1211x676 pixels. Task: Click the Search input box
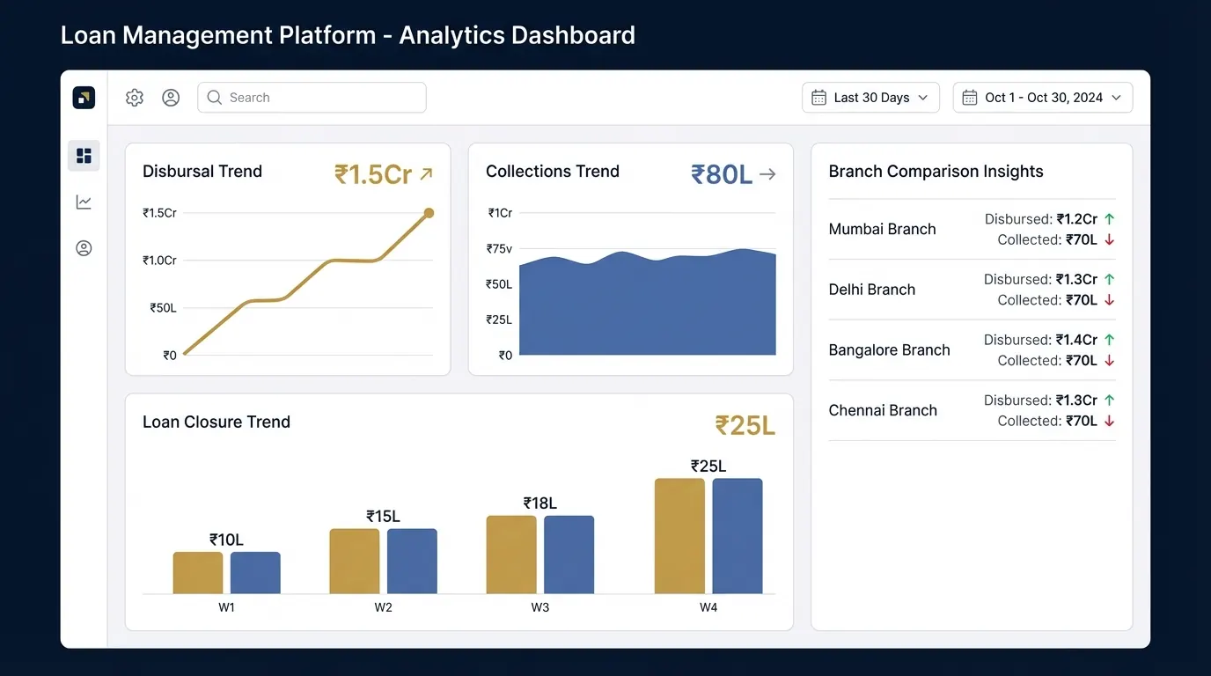(312, 98)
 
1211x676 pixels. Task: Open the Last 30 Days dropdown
(870, 98)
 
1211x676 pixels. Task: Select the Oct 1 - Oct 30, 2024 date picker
(1042, 98)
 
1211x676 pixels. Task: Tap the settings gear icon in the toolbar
(135, 98)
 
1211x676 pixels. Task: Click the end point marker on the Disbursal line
(429, 213)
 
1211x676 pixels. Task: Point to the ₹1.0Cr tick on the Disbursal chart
(159, 261)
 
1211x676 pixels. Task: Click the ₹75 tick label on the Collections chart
(499, 249)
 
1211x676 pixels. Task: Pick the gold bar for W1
(198, 572)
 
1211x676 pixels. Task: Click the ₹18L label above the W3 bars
(539, 503)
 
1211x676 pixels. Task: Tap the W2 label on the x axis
(383, 607)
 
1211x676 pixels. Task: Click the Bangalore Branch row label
(889, 350)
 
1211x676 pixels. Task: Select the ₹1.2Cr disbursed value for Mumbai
(1076, 219)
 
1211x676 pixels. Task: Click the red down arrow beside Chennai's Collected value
(1109, 421)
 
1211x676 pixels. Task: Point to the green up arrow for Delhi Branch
(1109, 280)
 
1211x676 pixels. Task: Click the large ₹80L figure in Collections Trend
(721, 175)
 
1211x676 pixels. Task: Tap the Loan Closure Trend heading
(217, 422)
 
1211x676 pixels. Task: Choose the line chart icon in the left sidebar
(84, 202)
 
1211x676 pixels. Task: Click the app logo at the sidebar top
(84, 98)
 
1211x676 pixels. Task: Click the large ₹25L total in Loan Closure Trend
(745, 426)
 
